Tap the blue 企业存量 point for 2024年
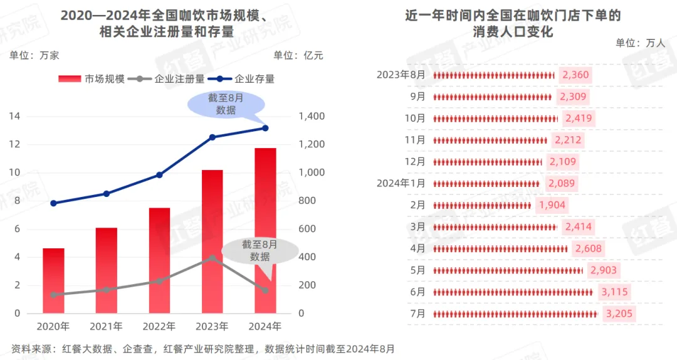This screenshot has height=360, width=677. [x=265, y=128]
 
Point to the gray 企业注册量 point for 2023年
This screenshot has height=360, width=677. [x=213, y=257]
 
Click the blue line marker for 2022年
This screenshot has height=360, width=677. [x=159, y=175]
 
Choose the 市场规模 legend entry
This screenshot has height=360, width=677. [x=92, y=79]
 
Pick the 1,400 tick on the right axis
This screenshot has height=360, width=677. [x=311, y=116]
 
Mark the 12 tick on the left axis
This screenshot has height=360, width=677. [x=14, y=144]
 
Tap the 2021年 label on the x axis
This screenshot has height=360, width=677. [x=106, y=327]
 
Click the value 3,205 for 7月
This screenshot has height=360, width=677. [x=620, y=314]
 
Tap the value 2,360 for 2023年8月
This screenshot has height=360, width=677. [x=575, y=75]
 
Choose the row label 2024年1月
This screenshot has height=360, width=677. [x=401, y=183]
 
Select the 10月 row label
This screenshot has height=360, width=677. [x=414, y=119]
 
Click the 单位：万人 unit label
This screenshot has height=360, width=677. [x=639, y=43]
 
